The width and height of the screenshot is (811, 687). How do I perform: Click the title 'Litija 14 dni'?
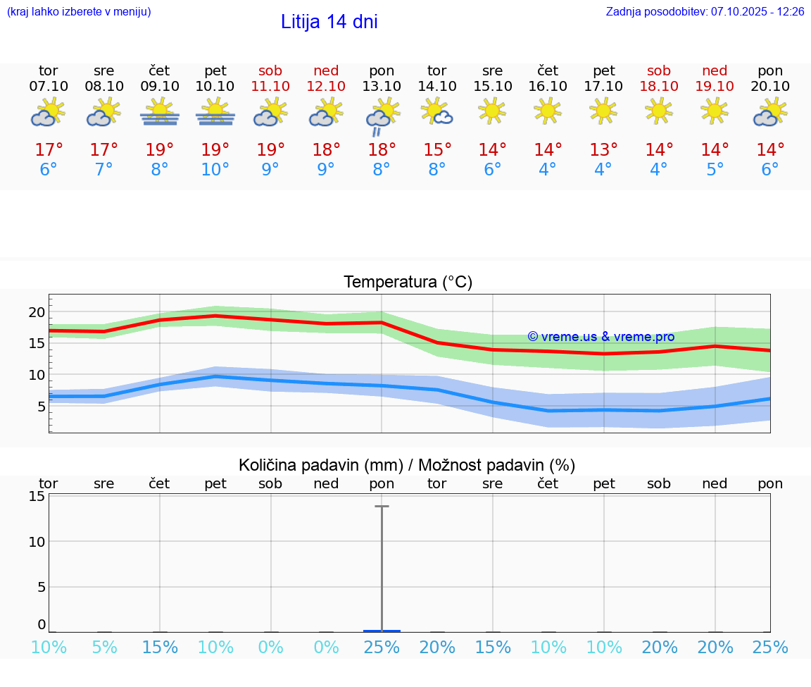tap(329, 22)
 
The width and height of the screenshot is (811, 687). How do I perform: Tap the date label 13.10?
tap(382, 87)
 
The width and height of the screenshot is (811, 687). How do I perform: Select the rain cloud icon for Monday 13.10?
tap(382, 116)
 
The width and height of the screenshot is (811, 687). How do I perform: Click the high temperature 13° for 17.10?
tap(603, 150)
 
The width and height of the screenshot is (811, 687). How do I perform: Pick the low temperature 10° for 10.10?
tap(215, 170)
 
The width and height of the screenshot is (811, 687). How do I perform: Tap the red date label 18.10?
tap(659, 87)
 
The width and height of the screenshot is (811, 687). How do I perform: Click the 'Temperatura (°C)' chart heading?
tap(408, 283)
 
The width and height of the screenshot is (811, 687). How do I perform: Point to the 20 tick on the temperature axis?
tap(37, 312)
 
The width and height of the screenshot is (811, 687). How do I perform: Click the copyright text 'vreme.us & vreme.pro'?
tap(601, 337)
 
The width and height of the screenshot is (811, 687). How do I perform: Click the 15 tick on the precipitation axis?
tap(37, 496)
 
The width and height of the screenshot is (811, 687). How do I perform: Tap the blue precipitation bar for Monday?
tap(382, 631)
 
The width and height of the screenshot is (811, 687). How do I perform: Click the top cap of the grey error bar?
tap(382, 506)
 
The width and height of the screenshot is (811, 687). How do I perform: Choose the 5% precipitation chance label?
tap(104, 648)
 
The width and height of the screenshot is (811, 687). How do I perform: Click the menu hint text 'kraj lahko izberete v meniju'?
tap(79, 12)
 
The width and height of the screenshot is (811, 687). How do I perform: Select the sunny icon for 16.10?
tap(548, 111)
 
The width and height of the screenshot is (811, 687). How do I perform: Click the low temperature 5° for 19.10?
tap(715, 170)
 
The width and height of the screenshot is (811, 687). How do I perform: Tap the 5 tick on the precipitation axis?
tap(41, 587)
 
